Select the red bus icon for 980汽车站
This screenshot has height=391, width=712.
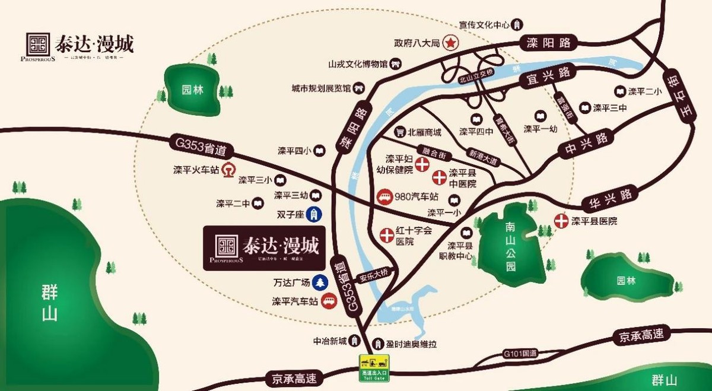(x=384, y=196)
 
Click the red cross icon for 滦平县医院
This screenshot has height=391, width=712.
(x=561, y=221)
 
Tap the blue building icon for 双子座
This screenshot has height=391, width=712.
(x=316, y=214)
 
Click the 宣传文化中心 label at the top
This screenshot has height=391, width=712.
(x=485, y=25)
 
